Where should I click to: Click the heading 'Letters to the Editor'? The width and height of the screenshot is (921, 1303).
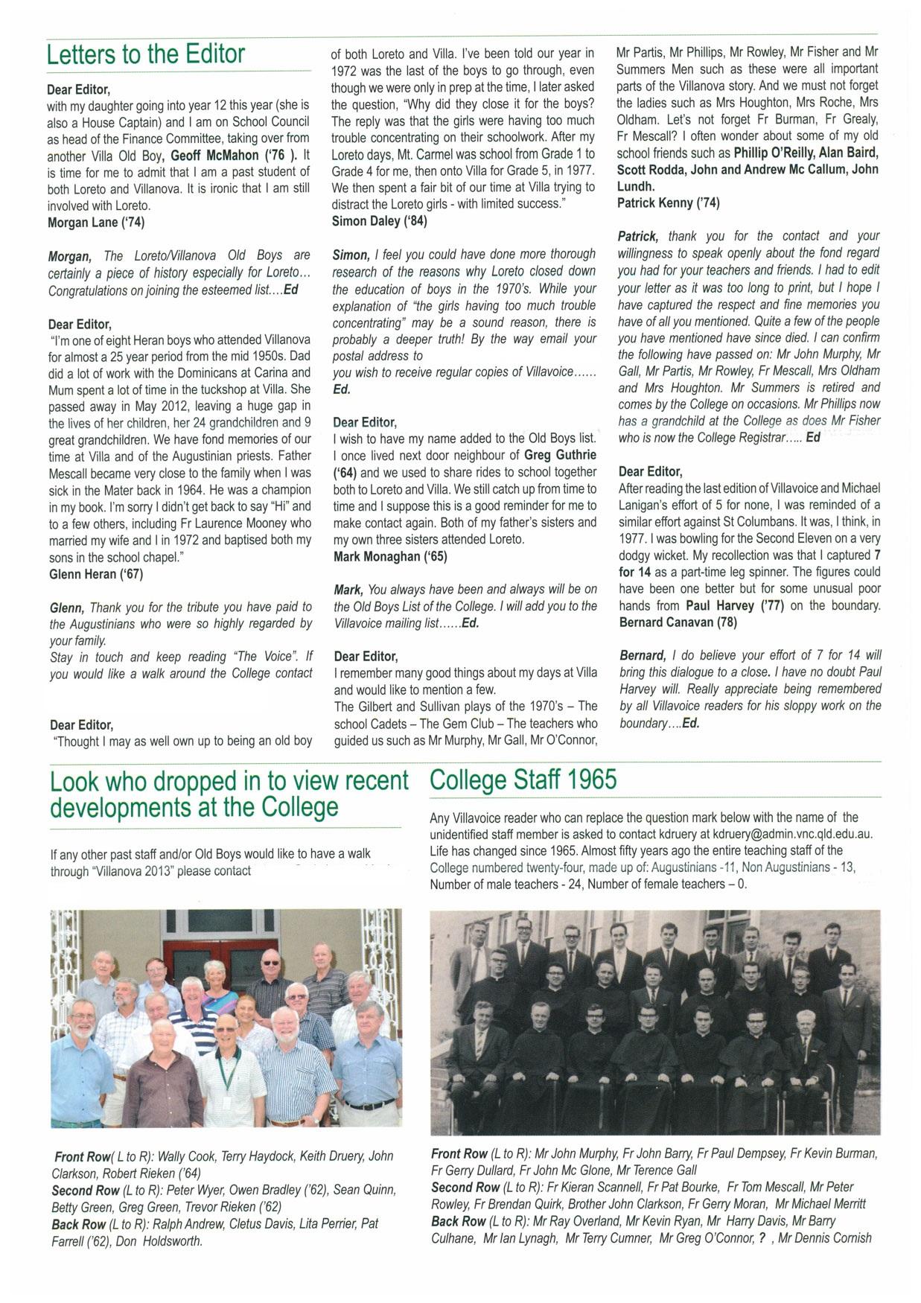(145, 54)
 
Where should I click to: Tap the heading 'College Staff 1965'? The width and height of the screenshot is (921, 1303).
(523, 780)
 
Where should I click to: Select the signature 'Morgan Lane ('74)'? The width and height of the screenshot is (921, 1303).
(93, 222)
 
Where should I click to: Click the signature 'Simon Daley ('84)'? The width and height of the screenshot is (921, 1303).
(379, 220)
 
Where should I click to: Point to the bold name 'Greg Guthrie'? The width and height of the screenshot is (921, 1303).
(560, 454)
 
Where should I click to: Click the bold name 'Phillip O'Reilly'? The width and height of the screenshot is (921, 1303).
(779, 153)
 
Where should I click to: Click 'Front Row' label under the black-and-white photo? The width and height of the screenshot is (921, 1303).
(459, 1153)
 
